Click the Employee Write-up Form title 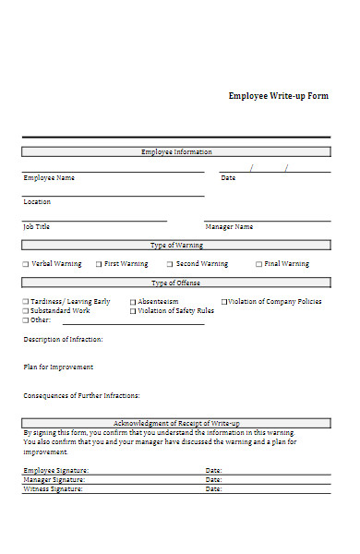tap(278, 96)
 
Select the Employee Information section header tap(175, 151)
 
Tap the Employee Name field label tap(49, 178)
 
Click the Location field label tap(37, 201)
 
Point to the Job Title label tap(37, 226)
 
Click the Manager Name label tap(229, 226)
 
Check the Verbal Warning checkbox tap(26, 264)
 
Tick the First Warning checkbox tap(99, 264)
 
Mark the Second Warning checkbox tap(170, 264)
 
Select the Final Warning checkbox tap(258, 264)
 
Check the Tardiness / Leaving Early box tap(26, 302)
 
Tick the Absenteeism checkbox tap(133, 302)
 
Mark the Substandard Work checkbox tap(26, 311)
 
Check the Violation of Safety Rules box tap(133, 311)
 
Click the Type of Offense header tap(175, 283)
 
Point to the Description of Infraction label tap(63, 340)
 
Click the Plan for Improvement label tap(58, 367)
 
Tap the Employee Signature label tap(54, 470)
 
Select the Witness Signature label tap(53, 488)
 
